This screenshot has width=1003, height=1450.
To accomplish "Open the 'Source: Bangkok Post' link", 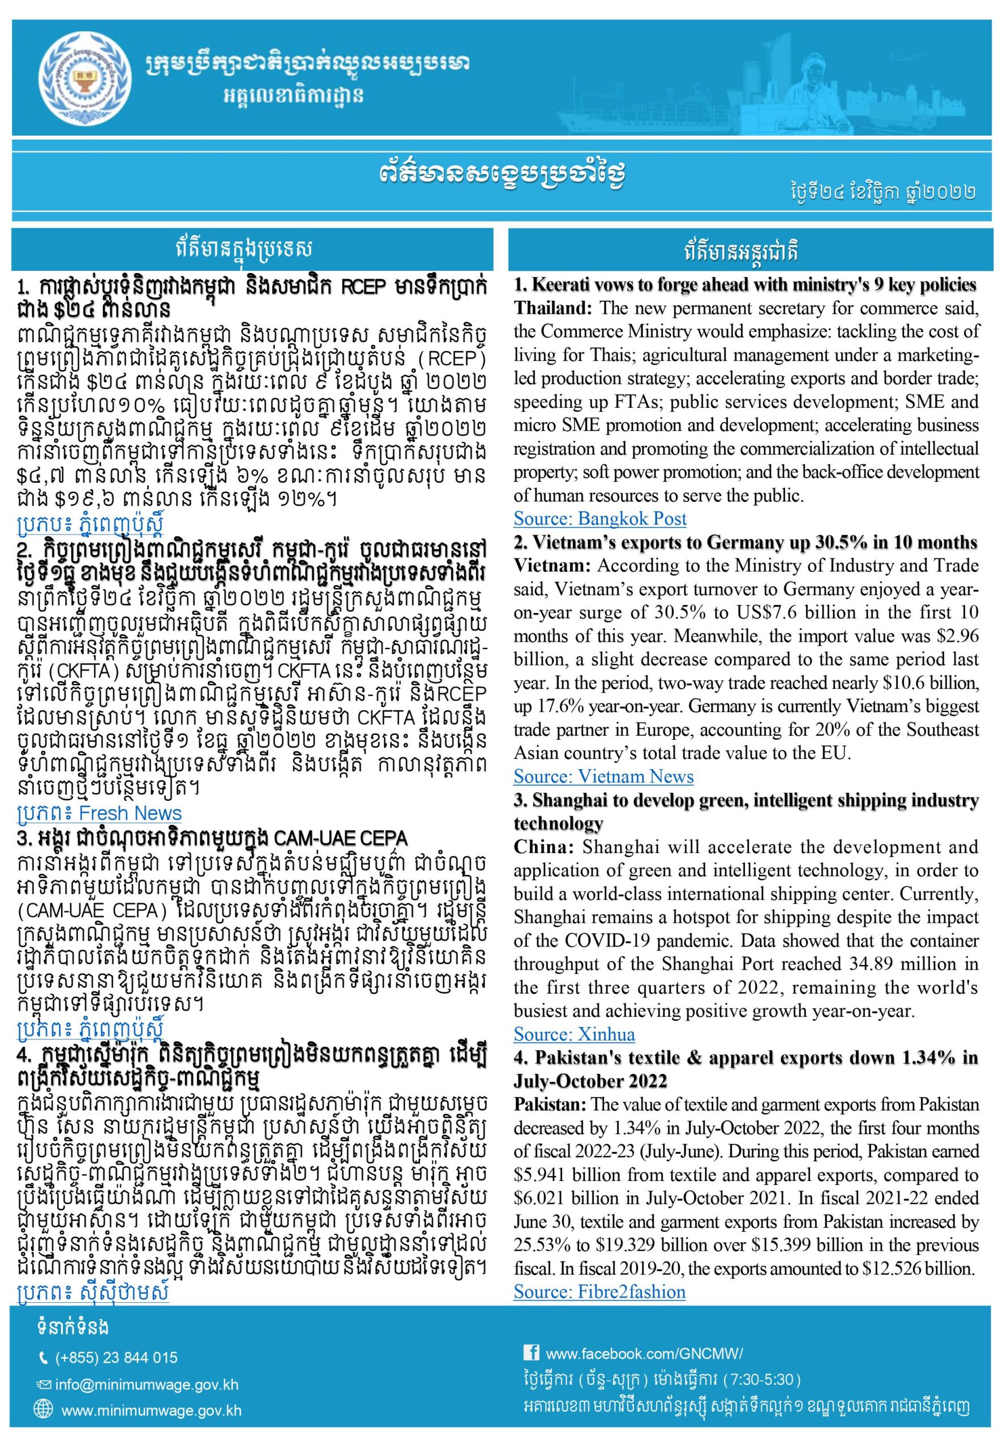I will point(599,519).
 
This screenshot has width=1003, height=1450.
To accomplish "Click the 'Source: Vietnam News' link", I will point(603,777).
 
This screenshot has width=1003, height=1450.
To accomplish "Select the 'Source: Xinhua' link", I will point(574,1034).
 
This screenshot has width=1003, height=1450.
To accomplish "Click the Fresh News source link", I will point(99,814).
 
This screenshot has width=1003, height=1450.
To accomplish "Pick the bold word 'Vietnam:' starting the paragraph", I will point(552,566).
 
